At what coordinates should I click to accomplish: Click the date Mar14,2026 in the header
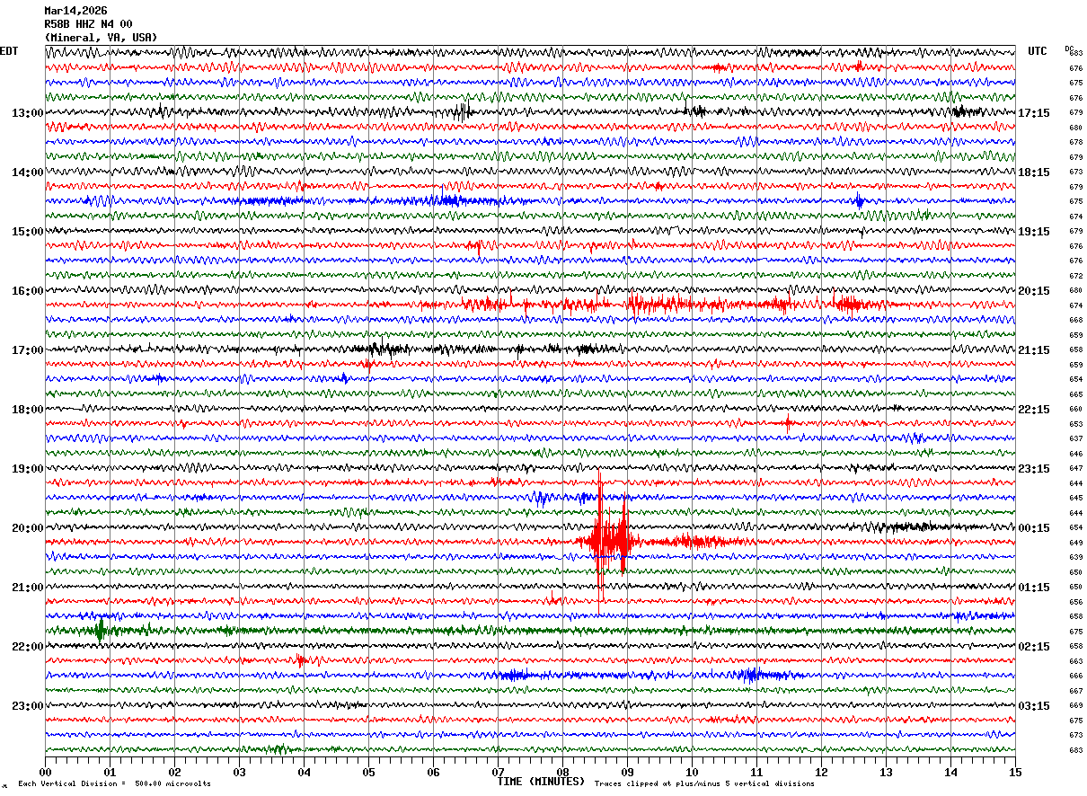pos(75,11)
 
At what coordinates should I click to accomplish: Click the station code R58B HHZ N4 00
pos(88,24)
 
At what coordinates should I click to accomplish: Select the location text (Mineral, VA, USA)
pos(101,38)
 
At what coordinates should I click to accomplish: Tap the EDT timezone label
pos(9,51)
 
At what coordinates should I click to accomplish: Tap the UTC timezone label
pos(1038,51)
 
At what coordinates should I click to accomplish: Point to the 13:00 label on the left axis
pos(27,113)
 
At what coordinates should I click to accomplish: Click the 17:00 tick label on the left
pos(27,350)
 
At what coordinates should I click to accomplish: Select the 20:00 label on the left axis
pos(27,528)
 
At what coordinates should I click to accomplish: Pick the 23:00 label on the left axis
pos(27,706)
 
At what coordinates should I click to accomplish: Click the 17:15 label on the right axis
pos(1035,113)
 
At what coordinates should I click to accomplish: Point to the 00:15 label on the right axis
pos(1035,528)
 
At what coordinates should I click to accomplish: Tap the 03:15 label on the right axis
pos(1035,706)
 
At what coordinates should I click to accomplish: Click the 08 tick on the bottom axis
pos(562,772)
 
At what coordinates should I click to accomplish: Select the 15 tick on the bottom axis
pos(1015,772)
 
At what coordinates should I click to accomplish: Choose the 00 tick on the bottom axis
pos(45,772)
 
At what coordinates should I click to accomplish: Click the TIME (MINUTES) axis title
pos(541,782)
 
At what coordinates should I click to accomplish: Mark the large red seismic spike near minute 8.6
pos(600,539)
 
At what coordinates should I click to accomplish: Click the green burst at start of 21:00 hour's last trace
pos(100,629)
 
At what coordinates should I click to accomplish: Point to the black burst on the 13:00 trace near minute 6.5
pos(462,112)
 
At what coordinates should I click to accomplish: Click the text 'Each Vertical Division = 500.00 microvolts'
pos(114,784)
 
